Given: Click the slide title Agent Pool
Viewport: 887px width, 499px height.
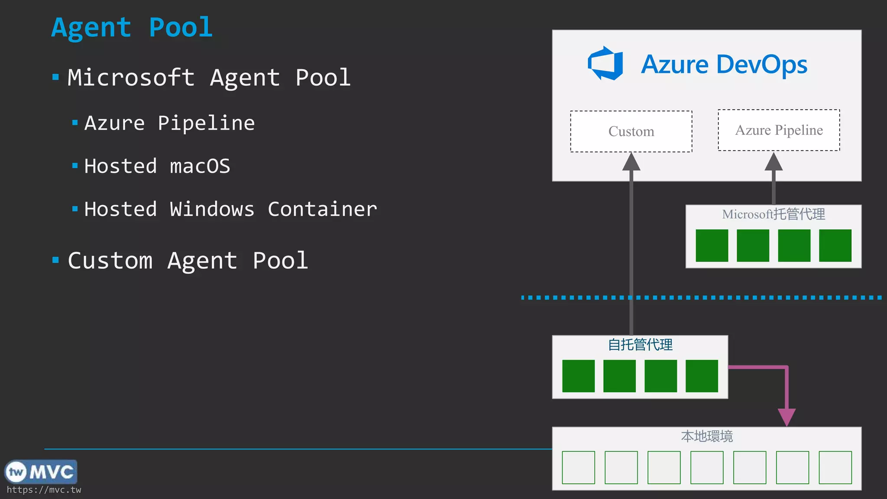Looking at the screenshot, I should [132, 28].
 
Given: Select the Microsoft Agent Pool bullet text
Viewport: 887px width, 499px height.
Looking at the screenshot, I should [209, 78].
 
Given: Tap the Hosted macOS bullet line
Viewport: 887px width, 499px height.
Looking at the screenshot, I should [157, 166].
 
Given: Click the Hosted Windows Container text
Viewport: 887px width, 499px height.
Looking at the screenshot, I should [230, 209].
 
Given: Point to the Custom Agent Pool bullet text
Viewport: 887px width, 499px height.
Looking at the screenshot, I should [188, 261].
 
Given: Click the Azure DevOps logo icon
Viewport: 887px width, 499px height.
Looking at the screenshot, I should [605, 64].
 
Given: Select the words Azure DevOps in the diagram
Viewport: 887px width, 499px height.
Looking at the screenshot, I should [724, 65].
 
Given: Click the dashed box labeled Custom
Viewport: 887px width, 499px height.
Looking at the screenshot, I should [631, 131].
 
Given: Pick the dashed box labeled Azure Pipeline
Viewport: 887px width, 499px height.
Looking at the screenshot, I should [779, 130].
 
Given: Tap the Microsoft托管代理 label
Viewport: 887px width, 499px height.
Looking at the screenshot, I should [774, 214].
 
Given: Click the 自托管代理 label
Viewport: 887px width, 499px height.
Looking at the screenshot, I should [640, 345].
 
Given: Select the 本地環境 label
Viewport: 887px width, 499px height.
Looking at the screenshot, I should [707, 436].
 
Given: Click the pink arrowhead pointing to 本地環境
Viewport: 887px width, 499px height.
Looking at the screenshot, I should [787, 417].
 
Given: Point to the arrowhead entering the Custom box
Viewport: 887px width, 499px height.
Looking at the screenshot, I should [631, 162].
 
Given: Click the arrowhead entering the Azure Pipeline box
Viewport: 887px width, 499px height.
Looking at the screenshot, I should [774, 162].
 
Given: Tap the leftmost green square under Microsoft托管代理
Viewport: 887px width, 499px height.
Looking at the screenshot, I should [712, 246].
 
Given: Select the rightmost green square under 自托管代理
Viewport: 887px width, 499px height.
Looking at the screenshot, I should [702, 376].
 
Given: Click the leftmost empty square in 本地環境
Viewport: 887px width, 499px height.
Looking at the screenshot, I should [578, 467].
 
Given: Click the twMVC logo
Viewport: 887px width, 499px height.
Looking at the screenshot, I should [41, 472].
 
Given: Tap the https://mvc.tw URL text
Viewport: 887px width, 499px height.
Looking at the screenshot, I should [44, 490].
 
